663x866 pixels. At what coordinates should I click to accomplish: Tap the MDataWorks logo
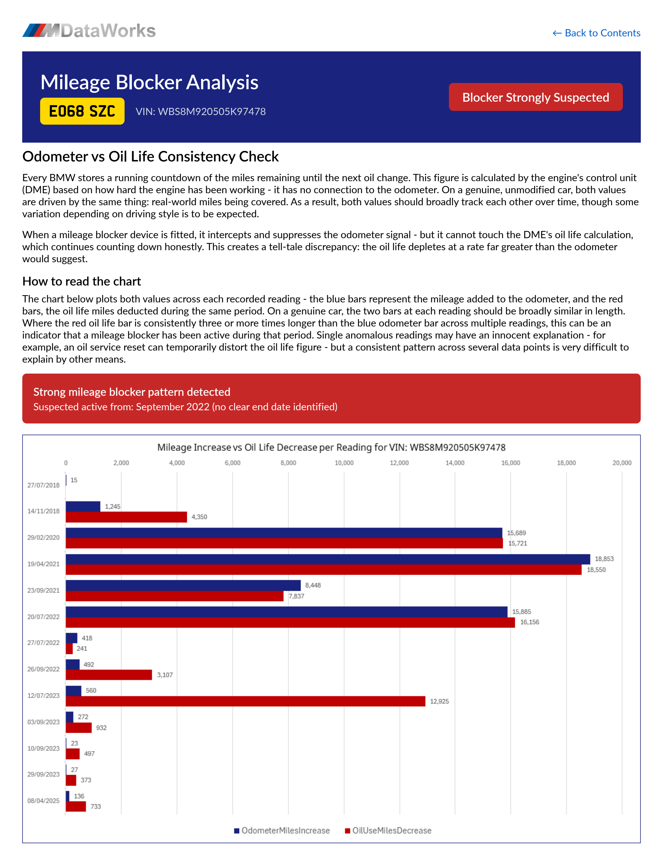pos(89,31)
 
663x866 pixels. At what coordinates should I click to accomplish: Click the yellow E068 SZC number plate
pos(82,111)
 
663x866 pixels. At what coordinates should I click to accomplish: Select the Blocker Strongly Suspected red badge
pos(535,97)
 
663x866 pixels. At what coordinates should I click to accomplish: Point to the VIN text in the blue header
pos(201,112)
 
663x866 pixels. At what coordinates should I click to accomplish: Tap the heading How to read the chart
pos(82,281)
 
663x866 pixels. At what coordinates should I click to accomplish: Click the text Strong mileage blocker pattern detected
pos(132,392)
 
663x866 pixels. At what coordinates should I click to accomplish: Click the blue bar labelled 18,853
pos(328,559)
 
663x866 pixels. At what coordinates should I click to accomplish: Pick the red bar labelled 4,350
pos(126,517)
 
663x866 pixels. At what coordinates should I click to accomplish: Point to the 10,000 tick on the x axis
pos(344,463)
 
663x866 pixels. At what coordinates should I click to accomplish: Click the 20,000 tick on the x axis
pos(622,463)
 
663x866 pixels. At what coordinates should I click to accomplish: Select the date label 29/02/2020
pos(43,537)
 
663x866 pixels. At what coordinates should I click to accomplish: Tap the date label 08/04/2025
pos(43,801)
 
